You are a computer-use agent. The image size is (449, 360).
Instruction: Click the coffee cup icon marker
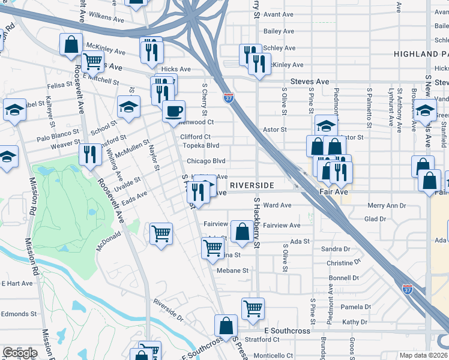[x=174, y=112]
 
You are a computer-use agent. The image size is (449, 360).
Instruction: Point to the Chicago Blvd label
[x=205, y=161]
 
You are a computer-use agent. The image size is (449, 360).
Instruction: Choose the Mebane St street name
[x=232, y=271]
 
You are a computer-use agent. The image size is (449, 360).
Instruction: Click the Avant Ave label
[x=279, y=15]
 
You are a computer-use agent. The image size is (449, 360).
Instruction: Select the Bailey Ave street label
[x=279, y=31]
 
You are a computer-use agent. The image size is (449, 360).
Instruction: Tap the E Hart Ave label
[x=17, y=283]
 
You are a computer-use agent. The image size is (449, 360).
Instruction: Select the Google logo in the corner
[x=19, y=353]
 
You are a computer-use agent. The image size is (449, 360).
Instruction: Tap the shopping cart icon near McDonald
[x=161, y=233]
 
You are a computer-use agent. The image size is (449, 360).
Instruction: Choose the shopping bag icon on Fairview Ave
[x=241, y=232]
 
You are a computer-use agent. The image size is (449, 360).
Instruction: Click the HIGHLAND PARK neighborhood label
[x=421, y=54]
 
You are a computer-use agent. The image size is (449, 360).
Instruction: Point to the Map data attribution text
[x=424, y=355]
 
